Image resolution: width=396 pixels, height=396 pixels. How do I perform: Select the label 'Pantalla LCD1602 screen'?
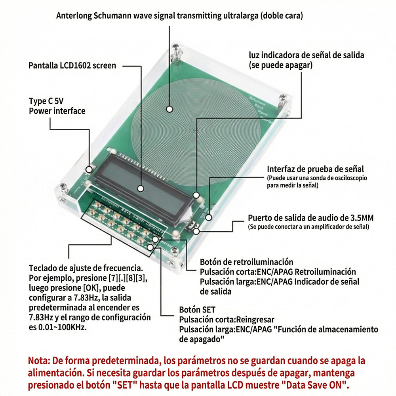(x=72, y=65)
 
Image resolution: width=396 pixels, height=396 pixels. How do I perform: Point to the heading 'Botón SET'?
(x=197, y=310)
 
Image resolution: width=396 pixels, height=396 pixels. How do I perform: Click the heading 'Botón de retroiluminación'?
(x=246, y=262)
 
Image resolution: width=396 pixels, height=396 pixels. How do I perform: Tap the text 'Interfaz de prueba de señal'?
(x=315, y=169)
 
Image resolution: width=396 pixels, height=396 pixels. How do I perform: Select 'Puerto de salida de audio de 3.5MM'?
(x=310, y=218)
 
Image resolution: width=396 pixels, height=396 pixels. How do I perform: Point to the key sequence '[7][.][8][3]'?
(x=126, y=278)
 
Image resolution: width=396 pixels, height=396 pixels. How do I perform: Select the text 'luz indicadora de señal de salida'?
(x=306, y=55)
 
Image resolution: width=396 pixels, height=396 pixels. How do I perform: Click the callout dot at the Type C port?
(x=90, y=169)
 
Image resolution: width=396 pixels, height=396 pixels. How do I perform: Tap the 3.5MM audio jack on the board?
(x=192, y=227)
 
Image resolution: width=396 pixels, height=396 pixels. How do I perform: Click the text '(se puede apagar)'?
(x=280, y=65)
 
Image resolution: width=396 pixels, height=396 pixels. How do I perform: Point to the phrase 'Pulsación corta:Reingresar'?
(x=227, y=320)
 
